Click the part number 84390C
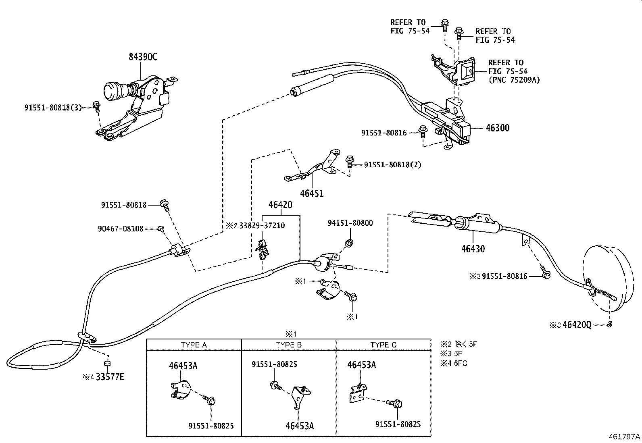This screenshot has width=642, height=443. tap(143, 57)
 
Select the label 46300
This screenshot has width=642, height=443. tap(498, 128)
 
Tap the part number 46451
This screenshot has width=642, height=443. tap(312, 193)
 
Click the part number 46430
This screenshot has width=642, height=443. tap(473, 249)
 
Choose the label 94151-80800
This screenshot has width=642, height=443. tap(350, 223)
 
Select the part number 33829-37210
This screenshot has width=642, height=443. tap(262, 225)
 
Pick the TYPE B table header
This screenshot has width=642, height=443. tap(289, 345)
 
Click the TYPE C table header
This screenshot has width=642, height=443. tap(384, 345)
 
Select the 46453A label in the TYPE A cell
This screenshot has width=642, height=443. tap(183, 366)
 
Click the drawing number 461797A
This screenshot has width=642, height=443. tap(624, 437)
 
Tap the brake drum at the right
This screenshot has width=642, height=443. tap(609, 278)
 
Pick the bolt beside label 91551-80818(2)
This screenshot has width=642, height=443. tap(349, 162)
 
